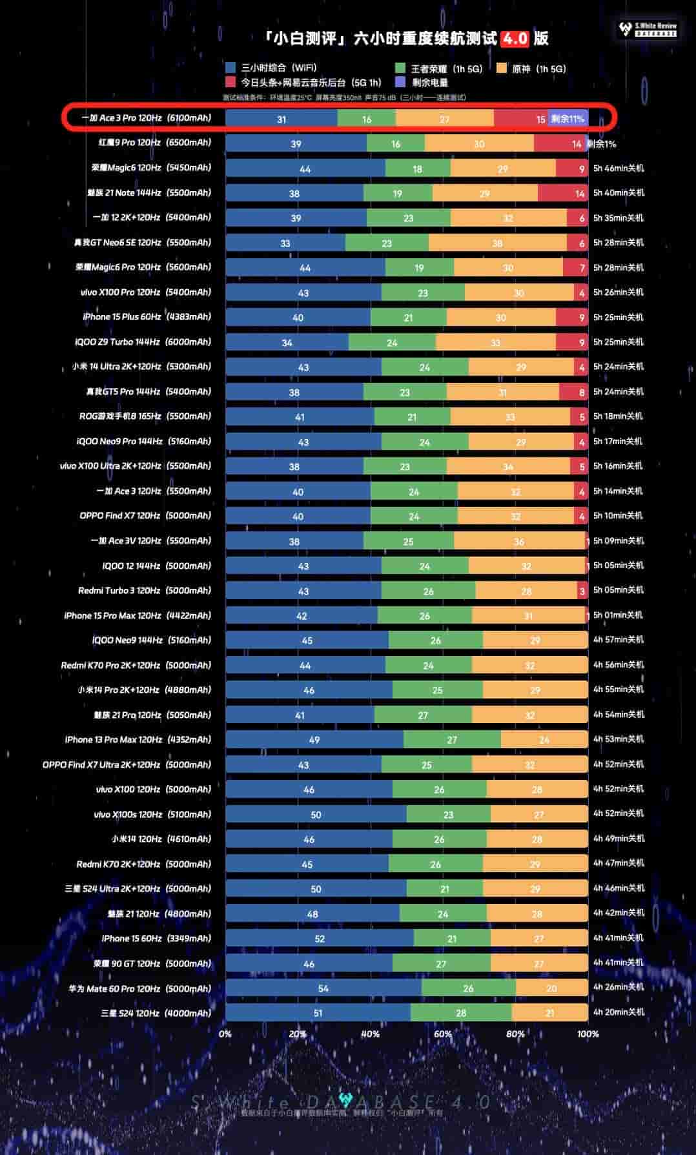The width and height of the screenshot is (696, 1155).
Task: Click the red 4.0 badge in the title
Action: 515,39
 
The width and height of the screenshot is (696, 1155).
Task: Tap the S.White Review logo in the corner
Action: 648,29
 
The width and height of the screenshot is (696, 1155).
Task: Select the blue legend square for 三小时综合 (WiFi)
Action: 230,68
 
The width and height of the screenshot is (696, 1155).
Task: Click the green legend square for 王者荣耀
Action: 400,68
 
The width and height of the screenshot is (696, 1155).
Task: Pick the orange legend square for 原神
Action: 502,68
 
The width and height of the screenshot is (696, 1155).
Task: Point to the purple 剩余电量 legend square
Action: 400,82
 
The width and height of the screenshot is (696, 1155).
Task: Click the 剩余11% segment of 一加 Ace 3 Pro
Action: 568,119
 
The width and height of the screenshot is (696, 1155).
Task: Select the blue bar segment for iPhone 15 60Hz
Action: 320,938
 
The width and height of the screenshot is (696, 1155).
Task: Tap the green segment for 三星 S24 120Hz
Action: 461,1012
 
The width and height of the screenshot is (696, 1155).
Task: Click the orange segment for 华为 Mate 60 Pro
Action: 551,988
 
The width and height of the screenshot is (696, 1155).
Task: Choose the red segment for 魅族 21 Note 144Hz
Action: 562,193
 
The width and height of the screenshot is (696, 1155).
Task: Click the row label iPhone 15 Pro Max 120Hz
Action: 138,615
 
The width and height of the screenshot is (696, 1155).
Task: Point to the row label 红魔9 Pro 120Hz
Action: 155,143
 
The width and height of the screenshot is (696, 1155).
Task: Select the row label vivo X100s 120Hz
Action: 152,814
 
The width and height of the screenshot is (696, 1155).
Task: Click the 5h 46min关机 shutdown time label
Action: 618,169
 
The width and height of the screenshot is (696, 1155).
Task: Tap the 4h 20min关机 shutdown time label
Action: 618,1012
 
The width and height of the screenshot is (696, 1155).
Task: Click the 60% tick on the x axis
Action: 443,1034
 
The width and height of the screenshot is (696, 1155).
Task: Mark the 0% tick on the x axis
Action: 225,1034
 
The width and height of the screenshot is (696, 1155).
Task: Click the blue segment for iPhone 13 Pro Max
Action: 314,739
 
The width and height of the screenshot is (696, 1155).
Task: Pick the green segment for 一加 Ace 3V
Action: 408,541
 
